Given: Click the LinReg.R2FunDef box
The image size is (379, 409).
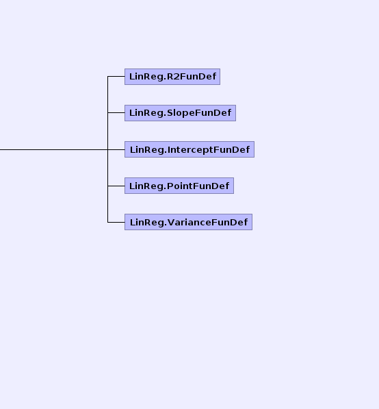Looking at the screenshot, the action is [172, 77].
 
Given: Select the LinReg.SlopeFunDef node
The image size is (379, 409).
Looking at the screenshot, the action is [180, 113].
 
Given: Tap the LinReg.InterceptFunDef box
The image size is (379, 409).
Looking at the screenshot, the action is [189, 149].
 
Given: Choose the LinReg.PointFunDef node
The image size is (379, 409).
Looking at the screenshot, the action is [179, 186].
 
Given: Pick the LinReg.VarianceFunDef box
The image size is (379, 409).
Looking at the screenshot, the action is [188, 222].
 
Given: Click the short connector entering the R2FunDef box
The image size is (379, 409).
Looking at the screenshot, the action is [116, 77].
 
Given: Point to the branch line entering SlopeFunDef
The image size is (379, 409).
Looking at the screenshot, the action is [116, 112].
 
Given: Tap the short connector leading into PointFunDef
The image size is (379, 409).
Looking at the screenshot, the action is [116, 186].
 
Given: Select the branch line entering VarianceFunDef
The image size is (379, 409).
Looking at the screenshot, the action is [116, 222].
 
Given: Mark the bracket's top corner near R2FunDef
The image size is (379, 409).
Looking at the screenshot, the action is [108, 77].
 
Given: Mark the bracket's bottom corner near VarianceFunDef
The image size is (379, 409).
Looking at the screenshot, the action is [108, 222].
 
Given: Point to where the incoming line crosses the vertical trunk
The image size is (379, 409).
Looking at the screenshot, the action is [108, 150].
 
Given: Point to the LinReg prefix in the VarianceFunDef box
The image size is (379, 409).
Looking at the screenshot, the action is [147, 223].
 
